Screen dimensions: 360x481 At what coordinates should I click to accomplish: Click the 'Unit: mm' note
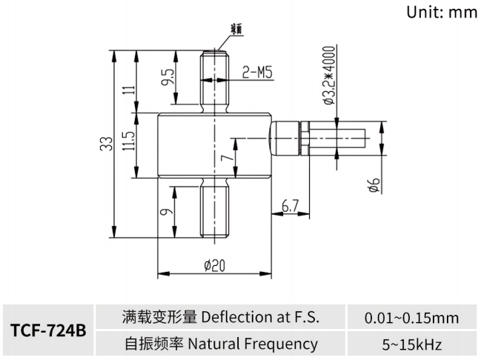pyautogui.click(x=443, y=13)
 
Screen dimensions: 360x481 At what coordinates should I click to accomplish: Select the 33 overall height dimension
pyautogui.click(x=106, y=143)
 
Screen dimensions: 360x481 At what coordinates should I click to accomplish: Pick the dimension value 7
pyautogui.click(x=228, y=156)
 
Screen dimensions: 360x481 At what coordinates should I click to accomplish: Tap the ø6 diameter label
pyautogui.click(x=374, y=186)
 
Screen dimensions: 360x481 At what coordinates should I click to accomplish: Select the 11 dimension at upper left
pyautogui.click(x=127, y=90)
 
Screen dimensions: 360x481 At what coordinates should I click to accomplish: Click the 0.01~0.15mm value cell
pyautogui.click(x=411, y=318)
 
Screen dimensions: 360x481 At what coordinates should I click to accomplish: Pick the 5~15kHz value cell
pyautogui.click(x=411, y=344)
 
